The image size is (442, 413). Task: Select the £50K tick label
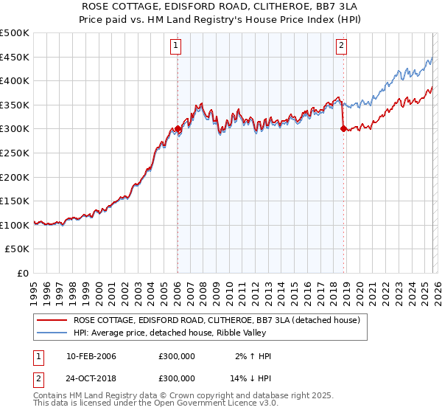[x=18, y=249]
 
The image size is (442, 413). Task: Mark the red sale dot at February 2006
[x=178, y=129]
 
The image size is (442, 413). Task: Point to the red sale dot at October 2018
[x=343, y=128]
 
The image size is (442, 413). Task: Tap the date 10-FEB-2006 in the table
[x=91, y=356]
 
